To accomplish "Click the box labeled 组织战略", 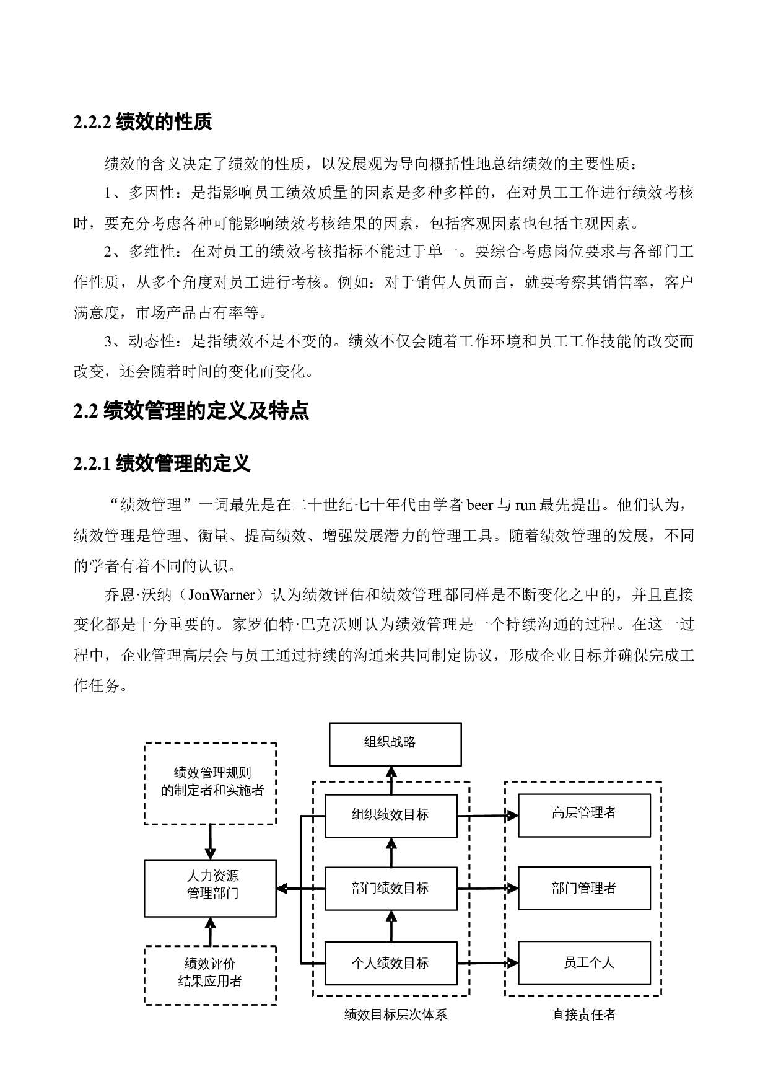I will [x=395, y=744].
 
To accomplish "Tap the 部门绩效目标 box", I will [x=391, y=888].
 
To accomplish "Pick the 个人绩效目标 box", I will [x=391, y=962].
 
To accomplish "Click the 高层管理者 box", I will [x=584, y=815].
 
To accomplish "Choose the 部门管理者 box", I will [x=584, y=888].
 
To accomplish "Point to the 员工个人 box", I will [x=584, y=962].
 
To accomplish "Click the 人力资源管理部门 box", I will [x=210, y=887].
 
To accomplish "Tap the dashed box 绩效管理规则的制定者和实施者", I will [x=210, y=783].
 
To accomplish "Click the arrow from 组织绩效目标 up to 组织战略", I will [x=391, y=780].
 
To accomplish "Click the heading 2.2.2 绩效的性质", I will [x=142, y=122].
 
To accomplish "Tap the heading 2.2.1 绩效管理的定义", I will [x=162, y=462].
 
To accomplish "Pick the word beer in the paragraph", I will [x=479, y=505].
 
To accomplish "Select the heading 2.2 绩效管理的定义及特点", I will [x=191, y=411].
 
